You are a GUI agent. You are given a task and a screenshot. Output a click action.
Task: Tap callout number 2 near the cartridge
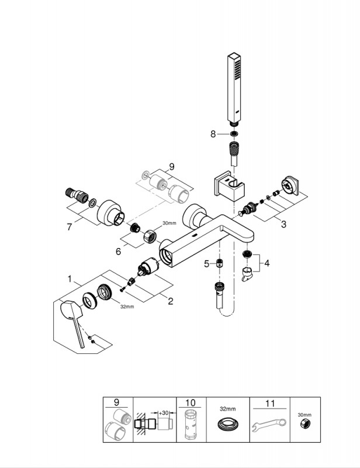pos(170,301)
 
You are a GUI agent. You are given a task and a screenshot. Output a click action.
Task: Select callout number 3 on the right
pos(283,225)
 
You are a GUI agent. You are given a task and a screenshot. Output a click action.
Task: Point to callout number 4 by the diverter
pos(266,263)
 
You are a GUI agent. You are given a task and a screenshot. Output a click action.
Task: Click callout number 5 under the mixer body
pos(206,264)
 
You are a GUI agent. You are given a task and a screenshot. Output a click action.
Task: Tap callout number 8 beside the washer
pos(214,134)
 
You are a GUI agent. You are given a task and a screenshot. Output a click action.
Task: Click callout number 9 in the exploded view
pos(171,167)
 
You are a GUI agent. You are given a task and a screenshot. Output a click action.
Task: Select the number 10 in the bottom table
pos(191,402)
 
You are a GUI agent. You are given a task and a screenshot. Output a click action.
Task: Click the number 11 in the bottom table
pos(269,402)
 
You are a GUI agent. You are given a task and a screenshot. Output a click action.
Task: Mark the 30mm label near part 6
pos(169,223)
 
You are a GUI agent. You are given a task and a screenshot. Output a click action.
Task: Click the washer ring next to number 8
pos(234,134)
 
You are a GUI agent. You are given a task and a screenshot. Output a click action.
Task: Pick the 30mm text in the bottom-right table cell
pos(304,414)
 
